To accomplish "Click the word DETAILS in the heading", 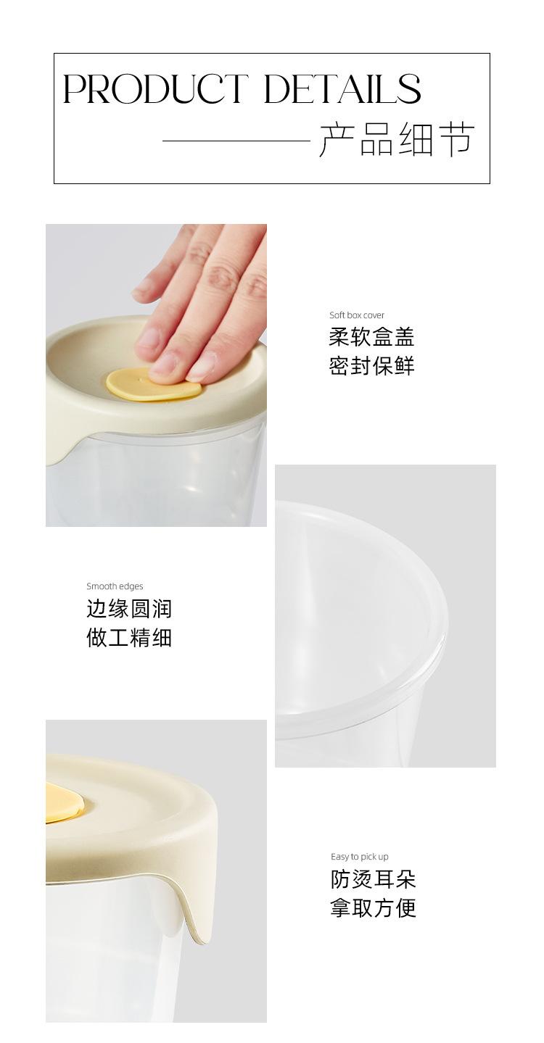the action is pyautogui.click(x=342, y=88).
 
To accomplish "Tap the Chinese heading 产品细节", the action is pyautogui.click(x=397, y=140).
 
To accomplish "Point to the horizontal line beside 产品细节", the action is pyautogui.click(x=236, y=140).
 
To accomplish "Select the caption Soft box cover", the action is pyautogui.click(x=357, y=315).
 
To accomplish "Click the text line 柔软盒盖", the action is pyautogui.click(x=371, y=337).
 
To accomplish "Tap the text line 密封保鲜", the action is pyautogui.click(x=371, y=366).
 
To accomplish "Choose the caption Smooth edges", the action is pyautogui.click(x=115, y=586).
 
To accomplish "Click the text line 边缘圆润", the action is pyautogui.click(x=129, y=609).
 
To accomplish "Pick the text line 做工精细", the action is pyautogui.click(x=129, y=637).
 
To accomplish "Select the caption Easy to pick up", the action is pyautogui.click(x=360, y=857).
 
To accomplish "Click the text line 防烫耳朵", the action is pyautogui.click(x=373, y=879).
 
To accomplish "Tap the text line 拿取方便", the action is pyautogui.click(x=373, y=908).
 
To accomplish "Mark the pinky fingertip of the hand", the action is pyautogui.click(x=140, y=292).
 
